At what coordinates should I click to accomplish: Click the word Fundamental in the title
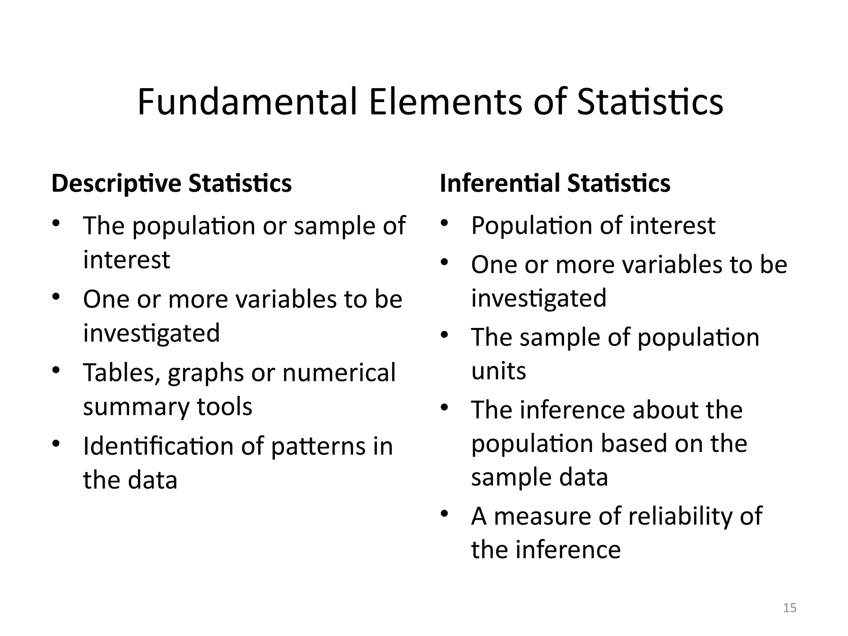click(247, 102)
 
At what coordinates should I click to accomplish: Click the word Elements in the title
click(445, 102)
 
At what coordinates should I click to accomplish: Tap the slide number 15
click(790, 608)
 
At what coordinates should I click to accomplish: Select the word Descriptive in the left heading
click(116, 183)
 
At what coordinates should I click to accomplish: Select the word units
click(499, 371)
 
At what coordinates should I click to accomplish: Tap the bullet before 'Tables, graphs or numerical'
click(56, 370)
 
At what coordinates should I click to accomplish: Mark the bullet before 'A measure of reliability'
click(445, 514)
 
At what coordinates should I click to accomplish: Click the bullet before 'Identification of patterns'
click(56, 443)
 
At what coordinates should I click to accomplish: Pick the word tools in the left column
click(224, 407)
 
